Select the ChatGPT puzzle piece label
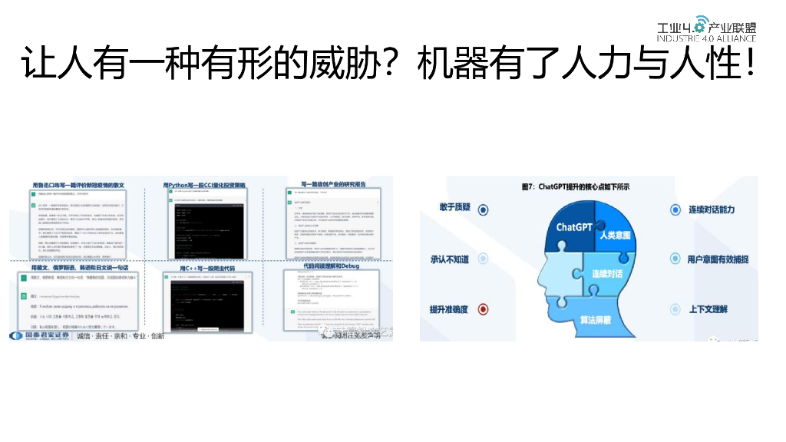(575, 226)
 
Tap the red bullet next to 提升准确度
(483, 309)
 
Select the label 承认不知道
(449, 259)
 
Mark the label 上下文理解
(708, 309)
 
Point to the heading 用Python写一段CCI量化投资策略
(204, 185)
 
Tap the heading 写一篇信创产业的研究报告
(328, 185)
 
